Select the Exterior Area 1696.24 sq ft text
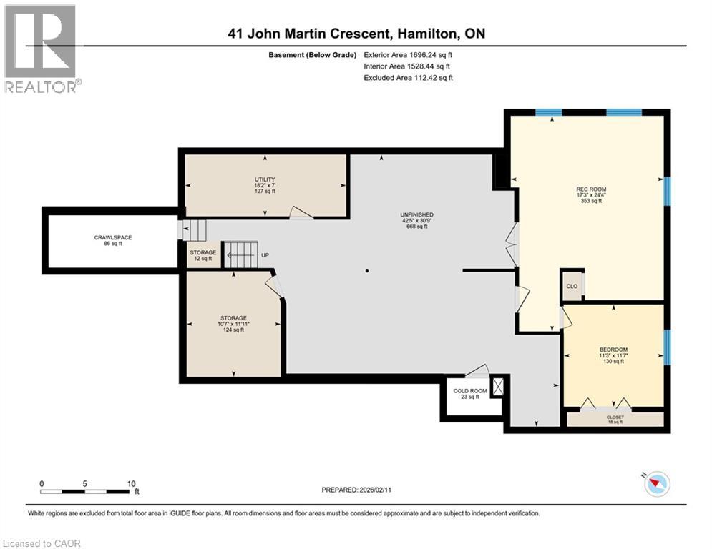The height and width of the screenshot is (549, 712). tap(408, 54)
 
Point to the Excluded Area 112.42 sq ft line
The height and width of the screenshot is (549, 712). tap(408, 78)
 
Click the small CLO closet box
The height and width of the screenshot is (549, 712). tap(572, 286)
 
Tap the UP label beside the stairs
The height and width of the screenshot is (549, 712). tap(265, 255)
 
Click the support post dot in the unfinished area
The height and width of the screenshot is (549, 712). tap(367, 271)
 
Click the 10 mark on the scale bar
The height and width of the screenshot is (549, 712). tap(131, 483)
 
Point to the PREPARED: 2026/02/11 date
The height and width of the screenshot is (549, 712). tap(358, 490)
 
